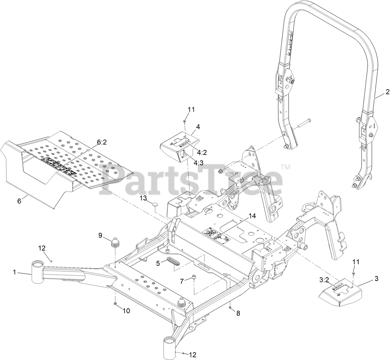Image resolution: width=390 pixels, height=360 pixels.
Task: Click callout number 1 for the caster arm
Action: pyautogui.click(x=14, y=272)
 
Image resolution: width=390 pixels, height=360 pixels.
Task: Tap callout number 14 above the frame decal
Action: pyautogui.click(x=252, y=216)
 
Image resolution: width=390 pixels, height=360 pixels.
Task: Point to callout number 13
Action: pyautogui.click(x=143, y=197)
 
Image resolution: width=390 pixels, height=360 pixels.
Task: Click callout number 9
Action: pyautogui.click(x=100, y=235)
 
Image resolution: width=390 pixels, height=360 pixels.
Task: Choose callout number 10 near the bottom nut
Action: pyautogui.click(x=126, y=311)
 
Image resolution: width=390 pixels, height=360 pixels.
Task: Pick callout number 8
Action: pyautogui.click(x=238, y=313)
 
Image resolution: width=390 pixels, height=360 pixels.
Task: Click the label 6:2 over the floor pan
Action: pyautogui.click(x=102, y=142)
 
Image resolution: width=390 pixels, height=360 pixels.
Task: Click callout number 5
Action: pyautogui.click(x=158, y=263)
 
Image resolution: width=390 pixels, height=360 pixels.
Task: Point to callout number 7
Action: pyautogui.click(x=182, y=281)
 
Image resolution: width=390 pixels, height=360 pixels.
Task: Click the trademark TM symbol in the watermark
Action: pyautogui.click(x=286, y=167)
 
